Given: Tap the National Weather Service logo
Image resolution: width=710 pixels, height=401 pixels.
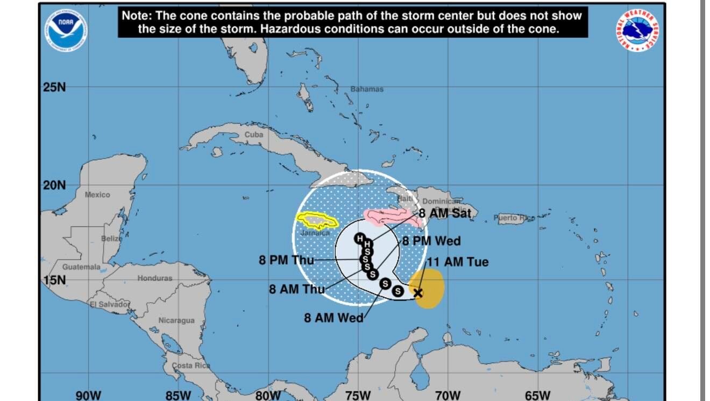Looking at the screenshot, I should (x=638, y=31).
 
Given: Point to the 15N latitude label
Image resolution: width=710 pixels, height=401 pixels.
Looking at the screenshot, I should (x=54, y=281).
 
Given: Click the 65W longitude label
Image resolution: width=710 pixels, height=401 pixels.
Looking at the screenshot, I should (x=537, y=396).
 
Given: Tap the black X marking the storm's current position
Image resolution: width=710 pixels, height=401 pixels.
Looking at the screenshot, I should (x=417, y=293).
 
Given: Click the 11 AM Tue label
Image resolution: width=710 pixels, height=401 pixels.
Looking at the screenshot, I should (x=457, y=262).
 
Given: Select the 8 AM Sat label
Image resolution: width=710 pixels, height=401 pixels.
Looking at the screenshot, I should (x=445, y=213).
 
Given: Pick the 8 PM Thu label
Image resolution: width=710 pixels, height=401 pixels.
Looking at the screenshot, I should (x=286, y=260).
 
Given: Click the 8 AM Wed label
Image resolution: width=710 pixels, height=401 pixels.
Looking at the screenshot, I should (x=333, y=318).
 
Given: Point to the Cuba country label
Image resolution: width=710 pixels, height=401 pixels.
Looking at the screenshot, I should (x=254, y=134).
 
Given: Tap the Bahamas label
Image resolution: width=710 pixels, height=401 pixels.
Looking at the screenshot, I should (x=367, y=89).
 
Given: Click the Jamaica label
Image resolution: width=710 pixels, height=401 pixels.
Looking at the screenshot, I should (x=315, y=233).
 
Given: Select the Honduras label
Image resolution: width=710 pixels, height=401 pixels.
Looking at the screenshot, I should (x=155, y=278).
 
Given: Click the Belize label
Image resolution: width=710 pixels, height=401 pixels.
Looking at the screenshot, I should (x=111, y=238).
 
